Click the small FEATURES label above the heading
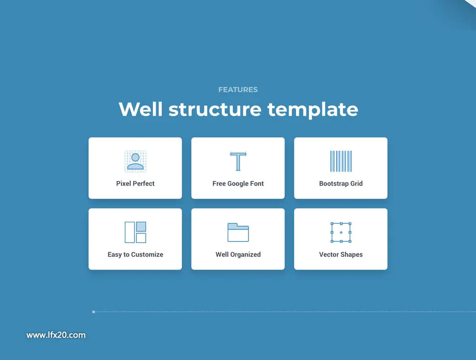(x=238, y=90)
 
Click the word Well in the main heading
(x=140, y=109)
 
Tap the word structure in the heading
(x=215, y=110)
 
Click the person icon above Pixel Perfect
(x=135, y=161)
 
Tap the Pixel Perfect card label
(x=135, y=183)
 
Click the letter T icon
(x=238, y=161)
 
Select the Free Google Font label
(x=238, y=183)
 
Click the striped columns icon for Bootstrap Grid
(x=341, y=161)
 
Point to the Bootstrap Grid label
(x=341, y=183)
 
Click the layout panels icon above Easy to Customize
(x=135, y=232)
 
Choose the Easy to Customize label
(x=135, y=255)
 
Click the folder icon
(x=238, y=232)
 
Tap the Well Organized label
(x=238, y=255)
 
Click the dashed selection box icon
(x=331, y=232)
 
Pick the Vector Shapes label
(x=341, y=255)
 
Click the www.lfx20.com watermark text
(x=56, y=335)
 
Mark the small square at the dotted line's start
(x=93, y=312)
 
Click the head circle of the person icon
(x=135, y=157)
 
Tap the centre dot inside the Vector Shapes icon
(x=341, y=232)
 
